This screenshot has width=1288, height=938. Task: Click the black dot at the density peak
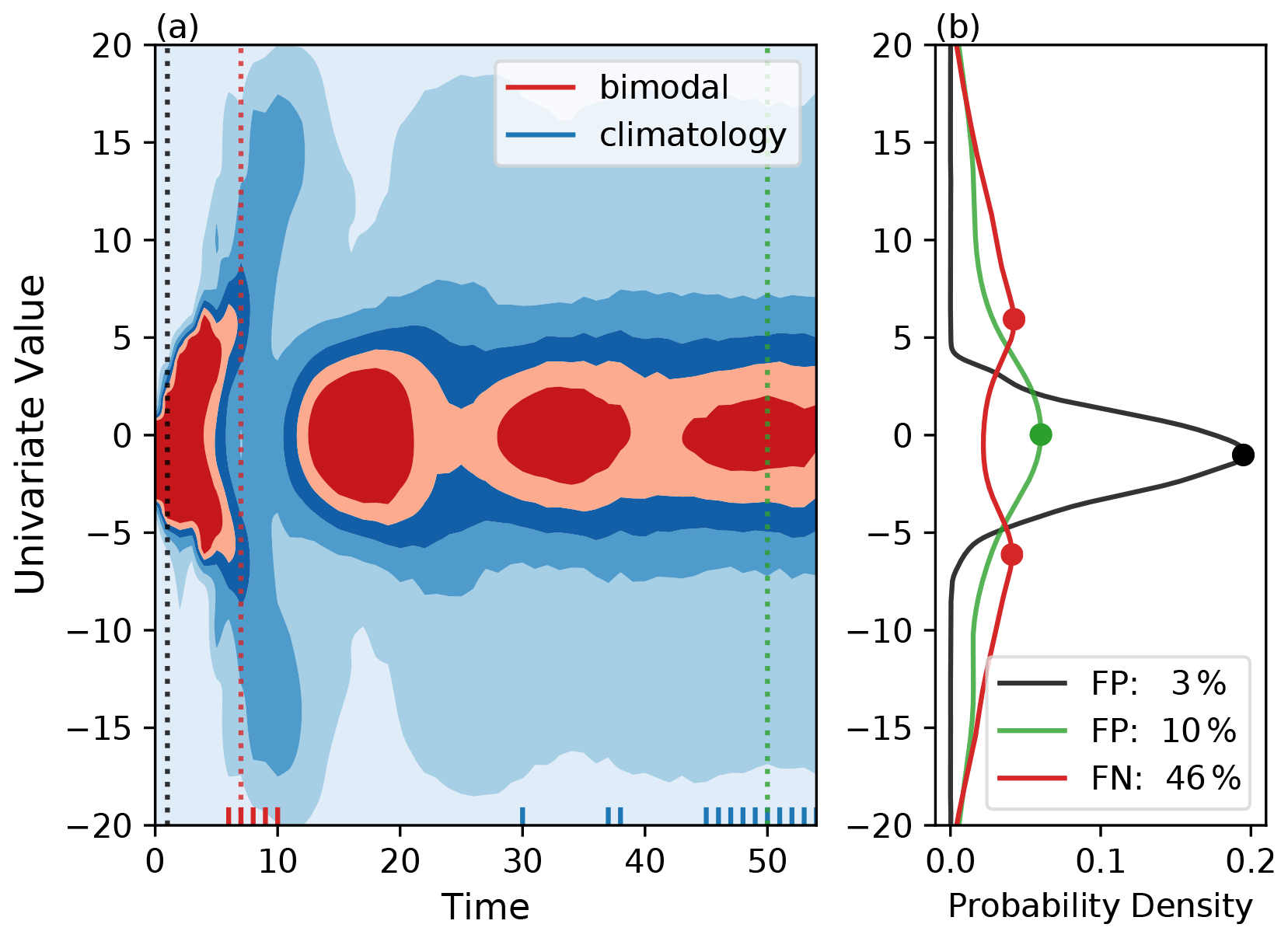pos(1243,455)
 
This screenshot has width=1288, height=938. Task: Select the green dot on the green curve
pos(1041,435)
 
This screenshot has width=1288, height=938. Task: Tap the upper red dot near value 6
pos(1014,319)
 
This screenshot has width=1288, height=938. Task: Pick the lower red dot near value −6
pos(1011,554)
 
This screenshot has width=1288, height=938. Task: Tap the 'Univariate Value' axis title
pos(31,434)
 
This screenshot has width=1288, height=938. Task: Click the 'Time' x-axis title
pos(485,907)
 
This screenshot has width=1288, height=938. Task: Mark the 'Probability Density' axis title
pos(1100,906)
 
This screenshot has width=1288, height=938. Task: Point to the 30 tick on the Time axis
pos(522,861)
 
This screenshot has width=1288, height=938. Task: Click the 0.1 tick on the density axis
pos(1100,861)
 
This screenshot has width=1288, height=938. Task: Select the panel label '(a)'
pos(177,28)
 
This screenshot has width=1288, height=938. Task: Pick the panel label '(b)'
pos(957,28)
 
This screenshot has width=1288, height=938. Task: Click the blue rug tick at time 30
pos(522,816)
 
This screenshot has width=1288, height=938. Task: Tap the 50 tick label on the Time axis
pos(767,861)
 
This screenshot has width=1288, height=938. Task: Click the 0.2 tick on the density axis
pos(1250,861)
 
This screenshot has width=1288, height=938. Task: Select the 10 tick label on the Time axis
pos(277,861)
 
